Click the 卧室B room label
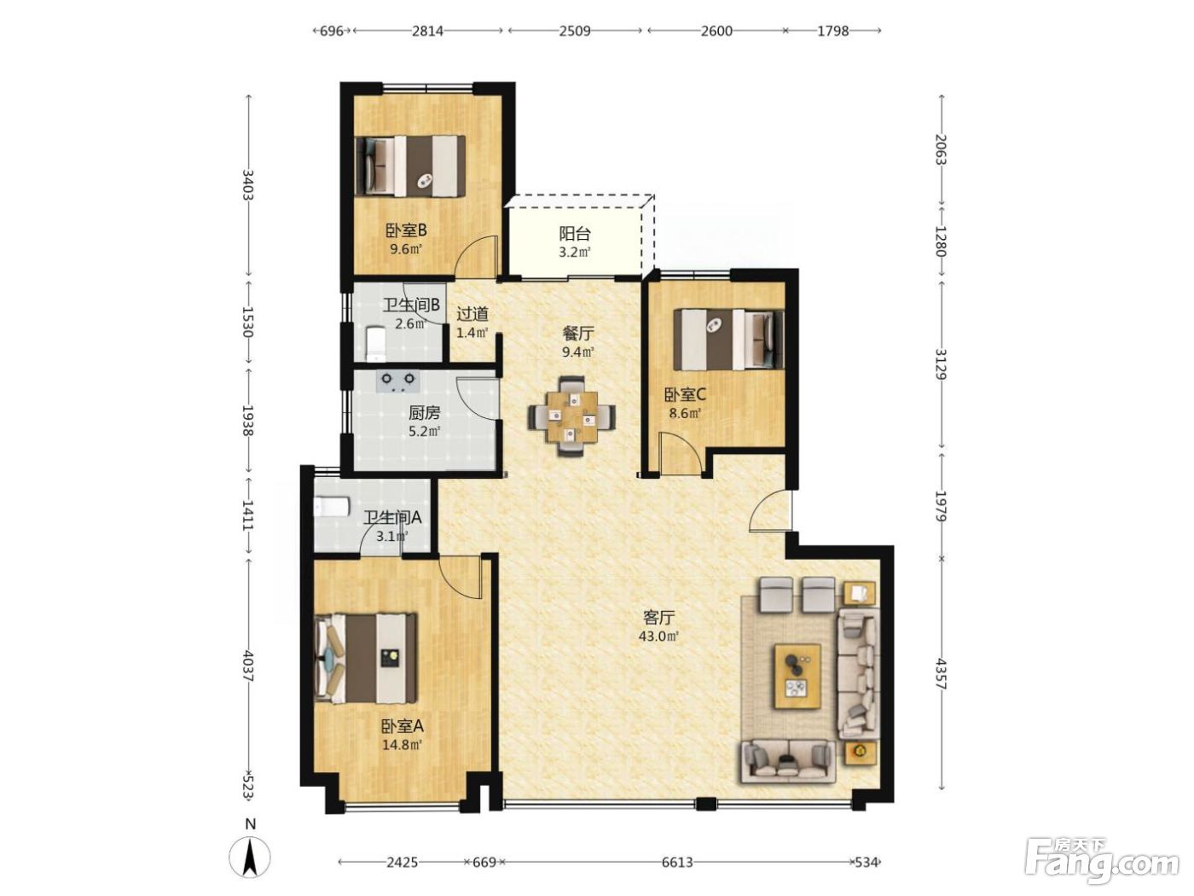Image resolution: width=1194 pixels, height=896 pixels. tap(406, 230)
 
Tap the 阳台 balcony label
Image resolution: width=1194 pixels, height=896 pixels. tap(575, 234)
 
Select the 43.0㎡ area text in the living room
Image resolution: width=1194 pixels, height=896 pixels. tap(658, 636)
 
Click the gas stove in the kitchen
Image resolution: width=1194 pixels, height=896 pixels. tap(397, 381)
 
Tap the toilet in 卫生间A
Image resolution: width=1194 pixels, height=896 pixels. tap(331, 507)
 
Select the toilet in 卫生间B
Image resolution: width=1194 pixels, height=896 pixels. tap(374, 344)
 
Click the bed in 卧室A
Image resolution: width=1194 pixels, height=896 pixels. tap(366, 658)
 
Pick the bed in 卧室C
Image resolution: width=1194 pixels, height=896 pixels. tap(728, 340)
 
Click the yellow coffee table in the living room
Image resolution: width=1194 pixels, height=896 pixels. tap(798, 676)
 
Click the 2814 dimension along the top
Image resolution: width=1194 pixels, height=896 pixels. tap(427, 31)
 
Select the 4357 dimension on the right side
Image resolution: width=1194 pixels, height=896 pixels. tap(942, 675)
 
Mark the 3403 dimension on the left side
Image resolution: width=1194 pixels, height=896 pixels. tap(248, 185)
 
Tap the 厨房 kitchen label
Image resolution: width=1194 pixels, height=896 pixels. tap(424, 413)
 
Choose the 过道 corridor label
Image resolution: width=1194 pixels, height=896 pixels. tap(472, 314)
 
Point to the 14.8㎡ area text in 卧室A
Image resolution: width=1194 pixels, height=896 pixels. tap(402, 744)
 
